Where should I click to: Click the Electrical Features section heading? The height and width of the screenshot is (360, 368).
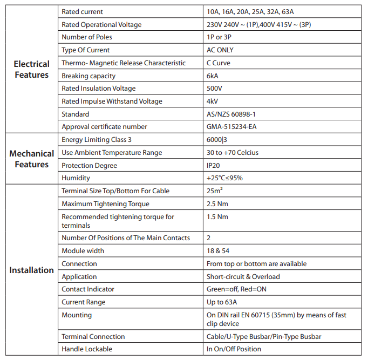click(x=31, y=69)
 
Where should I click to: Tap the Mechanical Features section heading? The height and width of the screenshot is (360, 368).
click(x=31, y=159)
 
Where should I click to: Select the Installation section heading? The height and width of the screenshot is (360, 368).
click(x=31, y=270)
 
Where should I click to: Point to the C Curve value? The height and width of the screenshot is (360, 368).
click(x=220, y=63)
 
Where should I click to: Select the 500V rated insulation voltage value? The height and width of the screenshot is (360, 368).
click(x=215, y=89)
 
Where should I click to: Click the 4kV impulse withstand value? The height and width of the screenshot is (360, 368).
click(x=213, y=101)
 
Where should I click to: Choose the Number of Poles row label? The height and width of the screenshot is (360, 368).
click(x=87, y=37)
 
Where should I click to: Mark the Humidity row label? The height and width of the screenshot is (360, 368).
click(x=76, y=178)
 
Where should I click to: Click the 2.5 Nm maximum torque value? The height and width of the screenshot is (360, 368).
click(x=217, y=204)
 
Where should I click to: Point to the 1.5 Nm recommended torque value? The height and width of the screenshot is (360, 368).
click(x=217, y=217)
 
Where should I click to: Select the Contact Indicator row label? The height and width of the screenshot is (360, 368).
click(x=88, y=289)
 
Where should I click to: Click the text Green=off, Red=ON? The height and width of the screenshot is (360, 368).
click(x=236, y=289)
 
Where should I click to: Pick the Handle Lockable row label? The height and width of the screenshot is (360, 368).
click(x=87, y=349)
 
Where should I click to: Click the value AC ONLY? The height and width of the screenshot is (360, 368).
click(x=220, y=50)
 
